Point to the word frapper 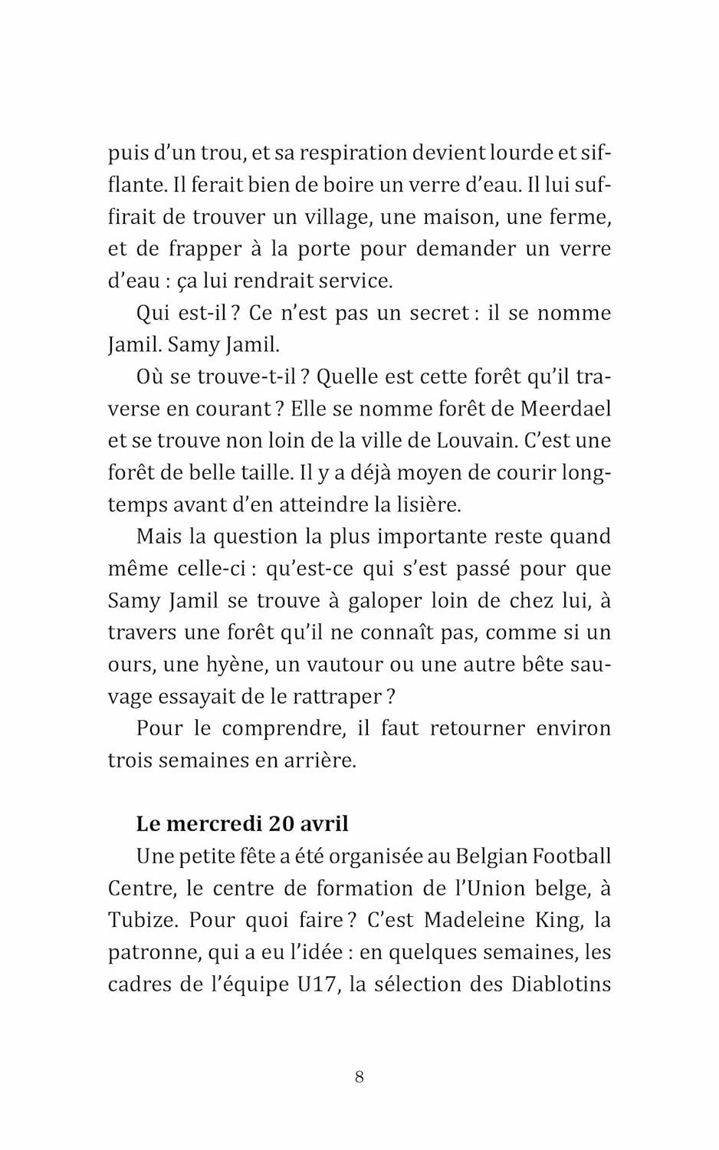[205, 249]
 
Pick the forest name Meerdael [565, 409]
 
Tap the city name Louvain [477, 441]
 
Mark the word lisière [428, 504]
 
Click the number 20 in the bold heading [281, 824]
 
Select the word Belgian [491, 856]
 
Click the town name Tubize [143, 920]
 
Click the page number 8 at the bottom [359, 1077]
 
